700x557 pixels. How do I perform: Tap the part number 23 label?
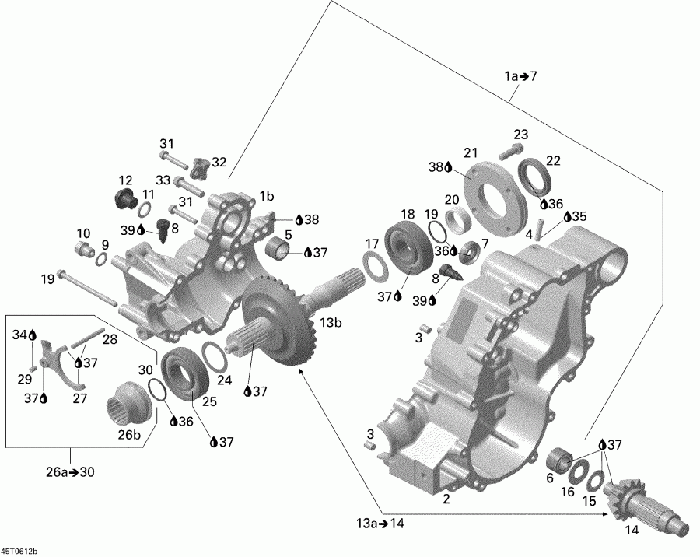[520, 134]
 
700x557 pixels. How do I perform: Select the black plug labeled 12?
[123, 198]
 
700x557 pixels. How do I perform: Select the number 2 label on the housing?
[446, 499]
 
